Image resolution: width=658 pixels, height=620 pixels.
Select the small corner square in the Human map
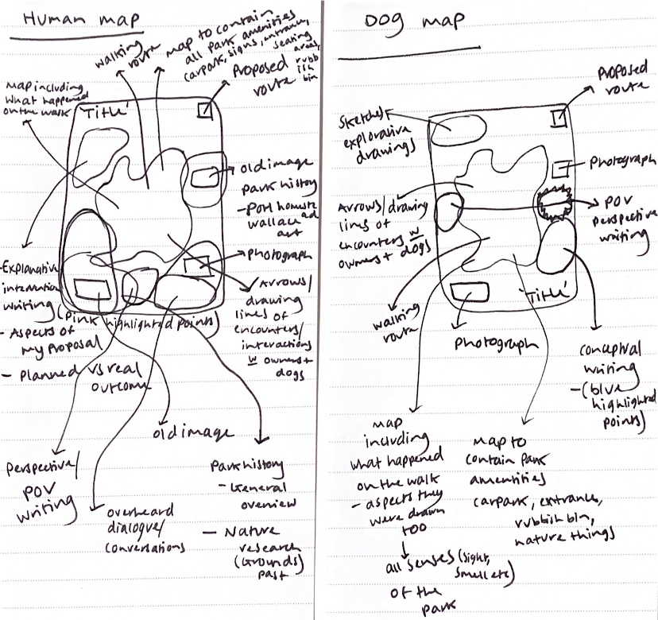click(x=204, y=110)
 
